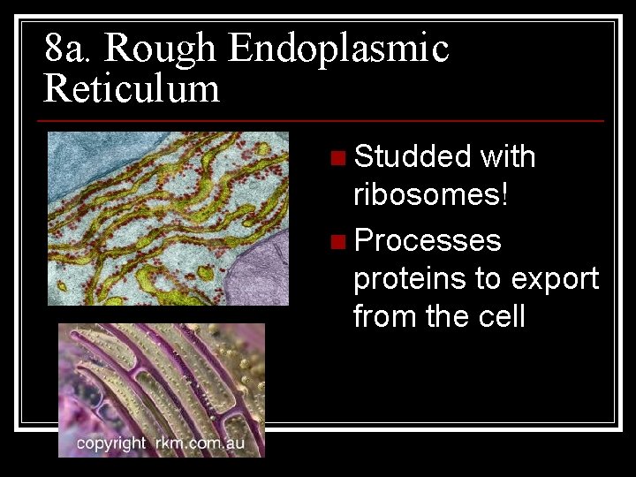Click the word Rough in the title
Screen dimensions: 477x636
(x=162, y=49)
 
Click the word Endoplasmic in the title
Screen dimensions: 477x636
(x=338, y=49)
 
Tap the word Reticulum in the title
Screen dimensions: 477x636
(x=132, y=89)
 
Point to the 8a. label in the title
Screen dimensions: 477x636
(x=67, y=49)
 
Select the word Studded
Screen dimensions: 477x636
(x=413, y=157)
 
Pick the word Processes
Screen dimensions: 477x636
(x=428, y=240)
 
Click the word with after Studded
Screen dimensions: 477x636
(x=507, y=157)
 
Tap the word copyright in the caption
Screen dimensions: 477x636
(x=110, y=443)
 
